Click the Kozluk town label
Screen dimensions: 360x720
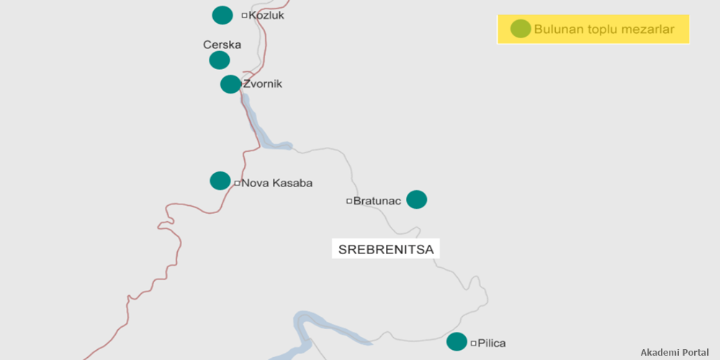tap(266, 14)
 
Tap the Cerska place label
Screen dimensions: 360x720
tap(222, 45)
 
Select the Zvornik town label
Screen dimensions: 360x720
tap(263, 84)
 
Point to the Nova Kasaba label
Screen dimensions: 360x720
tap(276, 183)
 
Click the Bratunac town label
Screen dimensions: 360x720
tap(377, 201)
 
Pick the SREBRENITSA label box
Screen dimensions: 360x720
tap(386, 250)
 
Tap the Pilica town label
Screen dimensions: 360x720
tap(492, 343)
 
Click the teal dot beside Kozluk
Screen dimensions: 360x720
tap(222, 14)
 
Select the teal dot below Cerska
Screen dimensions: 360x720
tap(220, 60)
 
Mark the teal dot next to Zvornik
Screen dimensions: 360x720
tap(230, 84)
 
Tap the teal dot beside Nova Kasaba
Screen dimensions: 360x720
tap(220, 181)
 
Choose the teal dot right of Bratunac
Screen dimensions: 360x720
tap(417, 199)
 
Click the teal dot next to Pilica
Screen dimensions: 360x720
tap(456, 342)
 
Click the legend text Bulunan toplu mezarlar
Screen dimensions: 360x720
tap(604, 30)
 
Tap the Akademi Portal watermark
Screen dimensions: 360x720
tap(675, 352)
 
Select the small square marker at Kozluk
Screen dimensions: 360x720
tap(244, 15)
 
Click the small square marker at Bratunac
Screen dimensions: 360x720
tap(349, 201)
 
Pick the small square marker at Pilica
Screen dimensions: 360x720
tap(473, 343)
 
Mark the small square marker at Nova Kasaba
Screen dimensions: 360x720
tap(237, 183)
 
